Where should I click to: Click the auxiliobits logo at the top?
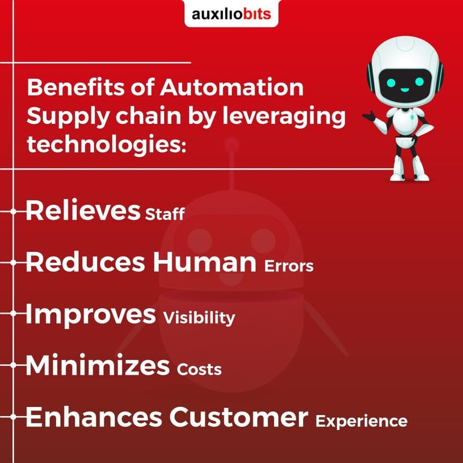231,13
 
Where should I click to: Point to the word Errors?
289,267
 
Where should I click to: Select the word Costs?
200,369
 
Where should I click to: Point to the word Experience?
361,421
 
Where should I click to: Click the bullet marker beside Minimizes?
13,365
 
